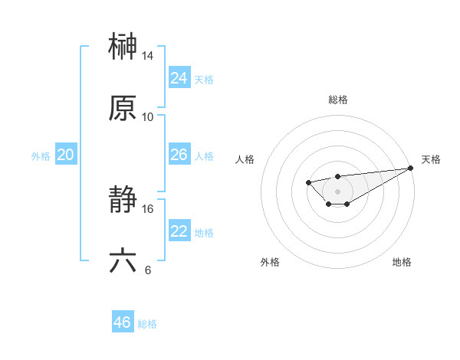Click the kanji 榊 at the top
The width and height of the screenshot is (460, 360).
pos(123,46)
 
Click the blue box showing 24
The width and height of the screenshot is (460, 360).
pos(179,78)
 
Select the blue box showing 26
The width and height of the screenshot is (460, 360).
pos(179,155)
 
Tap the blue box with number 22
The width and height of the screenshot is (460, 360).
pos(179,231)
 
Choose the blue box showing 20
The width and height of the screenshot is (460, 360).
pos(65,155)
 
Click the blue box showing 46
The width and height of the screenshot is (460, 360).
pos(122,322)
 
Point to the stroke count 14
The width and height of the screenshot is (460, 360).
pos(148,56)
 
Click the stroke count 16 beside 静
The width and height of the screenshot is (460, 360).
pos(148,208)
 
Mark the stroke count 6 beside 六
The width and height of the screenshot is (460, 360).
pos(147,270)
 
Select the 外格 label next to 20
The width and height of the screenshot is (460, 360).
pos(41,156)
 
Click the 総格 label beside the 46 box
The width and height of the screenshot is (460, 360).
pos(147,324)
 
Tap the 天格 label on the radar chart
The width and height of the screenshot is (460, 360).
pos(431,159)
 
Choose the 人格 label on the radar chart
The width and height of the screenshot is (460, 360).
pos(245,159)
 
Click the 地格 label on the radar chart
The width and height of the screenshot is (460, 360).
pos(402,262)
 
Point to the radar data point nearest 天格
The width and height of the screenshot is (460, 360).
pos(410,169)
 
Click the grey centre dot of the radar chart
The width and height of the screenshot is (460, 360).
pos(337,191)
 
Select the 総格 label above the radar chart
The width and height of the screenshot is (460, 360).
pos(338,100)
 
